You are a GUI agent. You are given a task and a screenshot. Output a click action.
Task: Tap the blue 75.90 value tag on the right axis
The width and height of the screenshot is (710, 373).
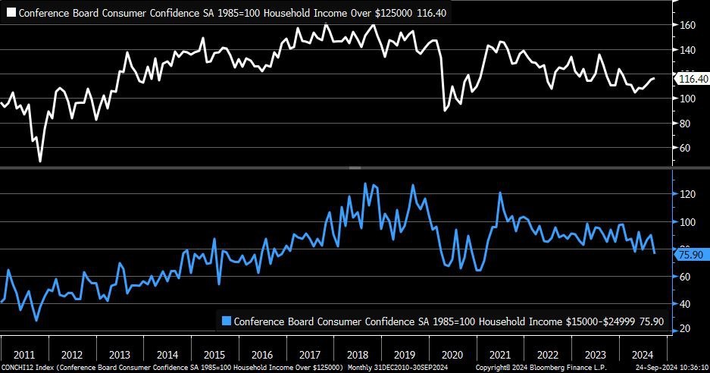(x=690, y=255)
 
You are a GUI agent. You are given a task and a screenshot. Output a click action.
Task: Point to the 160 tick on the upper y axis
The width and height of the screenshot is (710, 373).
(x=687, y=25)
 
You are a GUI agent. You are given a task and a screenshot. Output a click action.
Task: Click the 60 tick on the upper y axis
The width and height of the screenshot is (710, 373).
(x=685, y=148)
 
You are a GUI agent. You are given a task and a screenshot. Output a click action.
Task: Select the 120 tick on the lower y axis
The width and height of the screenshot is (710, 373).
(x=687, y=194)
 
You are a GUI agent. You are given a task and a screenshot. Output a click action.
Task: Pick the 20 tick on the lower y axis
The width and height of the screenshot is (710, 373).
(x=685, y=328)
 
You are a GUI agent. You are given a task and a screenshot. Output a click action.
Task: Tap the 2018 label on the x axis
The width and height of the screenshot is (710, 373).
(x=358, y=354)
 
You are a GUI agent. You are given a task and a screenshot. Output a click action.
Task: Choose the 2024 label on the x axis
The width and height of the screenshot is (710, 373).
(x=643, y=354)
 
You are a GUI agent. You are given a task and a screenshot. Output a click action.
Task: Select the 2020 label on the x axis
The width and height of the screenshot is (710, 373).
(x=452, y=354)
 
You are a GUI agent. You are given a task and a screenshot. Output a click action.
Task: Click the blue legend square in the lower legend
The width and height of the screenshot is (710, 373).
(x=226, y=321)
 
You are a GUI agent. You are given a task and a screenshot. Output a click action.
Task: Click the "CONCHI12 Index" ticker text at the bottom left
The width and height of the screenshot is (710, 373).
(x=27, y=368)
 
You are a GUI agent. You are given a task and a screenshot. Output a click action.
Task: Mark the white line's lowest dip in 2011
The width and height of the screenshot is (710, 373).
(x=40, y=161)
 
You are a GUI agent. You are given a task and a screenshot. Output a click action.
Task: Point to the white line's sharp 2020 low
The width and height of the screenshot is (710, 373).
(x=445, y=111)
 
